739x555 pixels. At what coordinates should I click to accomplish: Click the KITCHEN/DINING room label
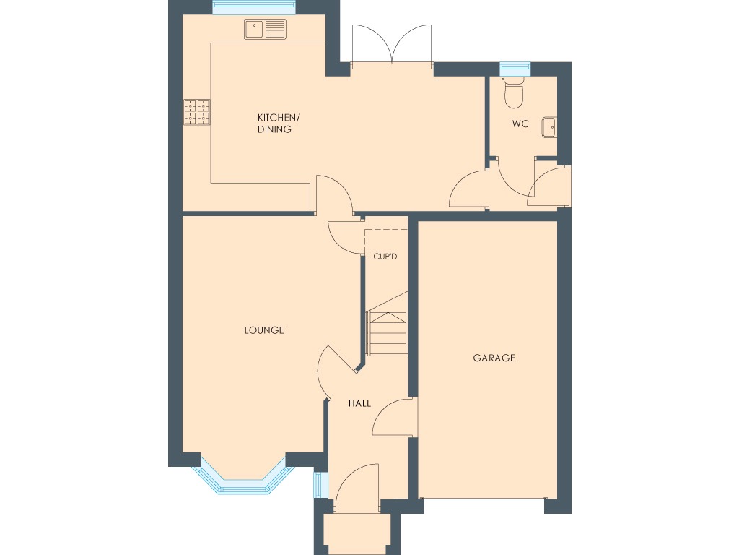tap(274, 124)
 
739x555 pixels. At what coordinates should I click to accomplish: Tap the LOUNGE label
tap(264, 330)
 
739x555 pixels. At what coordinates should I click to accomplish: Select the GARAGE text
tap(494, 358)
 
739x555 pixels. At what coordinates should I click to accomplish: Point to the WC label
tap(520, 124)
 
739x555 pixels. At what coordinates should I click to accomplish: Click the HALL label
tap(359, 403)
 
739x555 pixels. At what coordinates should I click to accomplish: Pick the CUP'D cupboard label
tap(385, 256)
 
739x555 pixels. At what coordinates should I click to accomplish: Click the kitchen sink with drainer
tap(265, 30)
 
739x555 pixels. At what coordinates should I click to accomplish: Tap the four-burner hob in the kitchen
tap(197, 111)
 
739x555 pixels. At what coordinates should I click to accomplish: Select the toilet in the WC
tap(514, 91)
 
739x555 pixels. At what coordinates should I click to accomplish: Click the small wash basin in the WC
tap(548, 126)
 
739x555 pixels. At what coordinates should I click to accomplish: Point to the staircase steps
tap(387, 332)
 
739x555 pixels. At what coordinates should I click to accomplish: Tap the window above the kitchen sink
tap(255, 8)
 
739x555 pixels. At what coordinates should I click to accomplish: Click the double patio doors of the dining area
tap(391, 45)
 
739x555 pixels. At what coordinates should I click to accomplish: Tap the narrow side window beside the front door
tap(318, 485)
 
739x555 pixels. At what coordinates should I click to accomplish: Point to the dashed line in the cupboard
tap(387, 230)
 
